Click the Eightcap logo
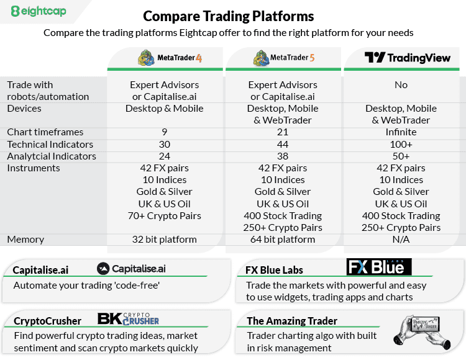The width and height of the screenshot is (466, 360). click(39, 11)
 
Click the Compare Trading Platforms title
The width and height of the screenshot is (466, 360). click(228, 16)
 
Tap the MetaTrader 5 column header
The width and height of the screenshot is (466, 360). click(284, 58)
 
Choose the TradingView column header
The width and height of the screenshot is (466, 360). click(408, 57)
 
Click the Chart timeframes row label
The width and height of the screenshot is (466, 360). click(45, 132)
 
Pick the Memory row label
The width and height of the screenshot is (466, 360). click(25, 240)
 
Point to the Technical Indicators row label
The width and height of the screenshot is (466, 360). click(50, 145)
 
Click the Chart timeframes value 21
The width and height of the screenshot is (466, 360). click(283, 132)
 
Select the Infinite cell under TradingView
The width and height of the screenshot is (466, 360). click(401, 132)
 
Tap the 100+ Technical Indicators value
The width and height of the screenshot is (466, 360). click(401, 145)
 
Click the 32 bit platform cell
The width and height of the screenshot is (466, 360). click(165, 240)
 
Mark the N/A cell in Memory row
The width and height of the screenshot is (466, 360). click(401, 240)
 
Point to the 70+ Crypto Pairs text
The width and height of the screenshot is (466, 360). click(165, 216)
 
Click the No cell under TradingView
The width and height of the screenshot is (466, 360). click(401, 85)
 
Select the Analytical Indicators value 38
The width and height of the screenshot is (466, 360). click(283, 156)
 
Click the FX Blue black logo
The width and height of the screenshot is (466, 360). click(379, 266)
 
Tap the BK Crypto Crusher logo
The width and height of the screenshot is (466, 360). click(128, 319)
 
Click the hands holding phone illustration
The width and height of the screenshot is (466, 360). click(422, 332)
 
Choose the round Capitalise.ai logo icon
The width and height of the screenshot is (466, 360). click(103, 269)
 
